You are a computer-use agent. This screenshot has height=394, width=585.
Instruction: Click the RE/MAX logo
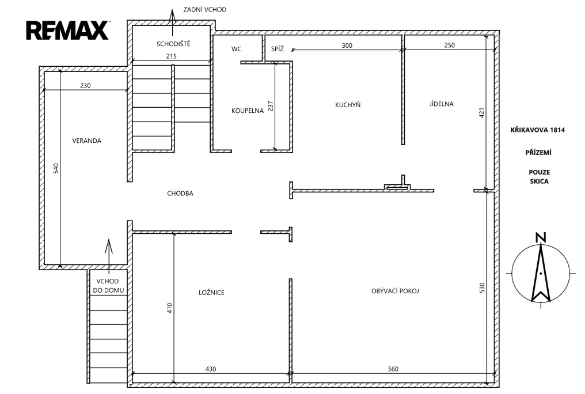coord(67,30)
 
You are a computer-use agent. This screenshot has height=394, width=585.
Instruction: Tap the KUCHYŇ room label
coord(348,105)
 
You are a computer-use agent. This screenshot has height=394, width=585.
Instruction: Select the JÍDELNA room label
coord(442,104)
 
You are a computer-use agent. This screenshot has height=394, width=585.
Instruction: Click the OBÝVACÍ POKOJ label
coord(395,291)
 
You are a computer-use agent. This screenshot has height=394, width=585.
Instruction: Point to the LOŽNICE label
coord(211,292)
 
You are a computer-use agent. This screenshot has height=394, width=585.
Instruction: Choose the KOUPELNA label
coord(248,111)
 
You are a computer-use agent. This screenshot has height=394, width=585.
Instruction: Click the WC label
coord(236,49)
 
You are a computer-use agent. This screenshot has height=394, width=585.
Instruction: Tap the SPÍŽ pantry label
coord(277,49)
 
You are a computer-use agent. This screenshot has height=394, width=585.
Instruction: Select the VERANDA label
coord(86,141)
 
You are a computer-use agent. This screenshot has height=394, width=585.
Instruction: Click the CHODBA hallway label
coord(180,194)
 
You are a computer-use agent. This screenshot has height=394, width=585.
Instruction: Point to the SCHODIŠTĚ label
coord(173,44)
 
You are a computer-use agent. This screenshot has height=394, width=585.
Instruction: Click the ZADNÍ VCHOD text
coord(205,9)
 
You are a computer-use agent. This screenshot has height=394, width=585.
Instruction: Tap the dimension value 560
coord(393,369)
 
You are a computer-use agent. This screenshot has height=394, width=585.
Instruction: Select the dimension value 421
coord(482,113)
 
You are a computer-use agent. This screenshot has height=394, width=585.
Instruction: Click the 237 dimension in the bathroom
coord(271,106)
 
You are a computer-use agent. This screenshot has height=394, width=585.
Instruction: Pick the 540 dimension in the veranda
coord(56,168)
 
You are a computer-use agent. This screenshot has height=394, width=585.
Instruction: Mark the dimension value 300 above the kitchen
coord(347,46)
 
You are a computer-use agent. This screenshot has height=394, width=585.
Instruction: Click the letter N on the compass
coord(541,237)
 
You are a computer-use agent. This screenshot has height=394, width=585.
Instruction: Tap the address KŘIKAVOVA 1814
coord(538,130)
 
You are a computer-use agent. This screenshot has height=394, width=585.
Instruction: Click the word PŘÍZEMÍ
coord(538,152)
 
